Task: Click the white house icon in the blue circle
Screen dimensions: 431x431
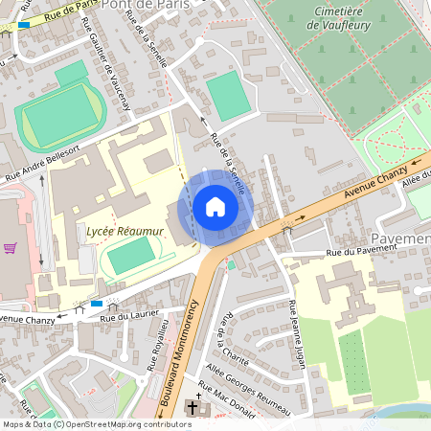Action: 215,207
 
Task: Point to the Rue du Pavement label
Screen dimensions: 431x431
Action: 361,253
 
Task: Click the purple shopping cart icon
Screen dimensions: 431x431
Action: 11,248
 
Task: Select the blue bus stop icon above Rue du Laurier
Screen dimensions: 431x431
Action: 96,304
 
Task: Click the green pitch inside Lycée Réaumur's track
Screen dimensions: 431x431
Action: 130,256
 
